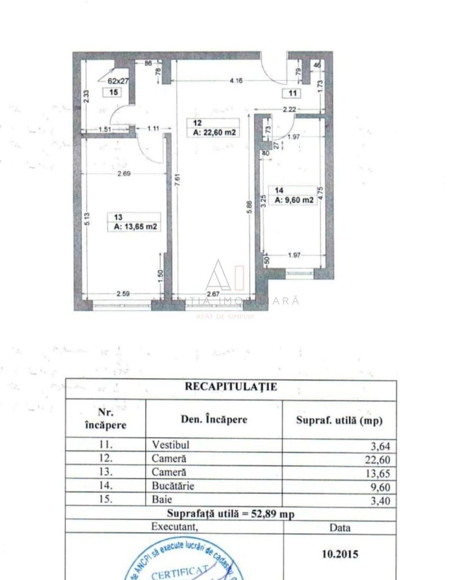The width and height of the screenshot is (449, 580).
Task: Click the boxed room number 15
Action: (113, 92)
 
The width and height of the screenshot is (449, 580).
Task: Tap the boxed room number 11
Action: (293, 93)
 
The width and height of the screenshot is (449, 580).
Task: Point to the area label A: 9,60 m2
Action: (295, 200)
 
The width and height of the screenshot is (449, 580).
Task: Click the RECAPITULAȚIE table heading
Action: (231, 387)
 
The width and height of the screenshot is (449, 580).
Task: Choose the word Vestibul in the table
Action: (171, 445)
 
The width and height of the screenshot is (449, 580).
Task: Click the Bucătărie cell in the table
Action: (173, 487)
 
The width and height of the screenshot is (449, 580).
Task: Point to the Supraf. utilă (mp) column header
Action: (339, 421)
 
